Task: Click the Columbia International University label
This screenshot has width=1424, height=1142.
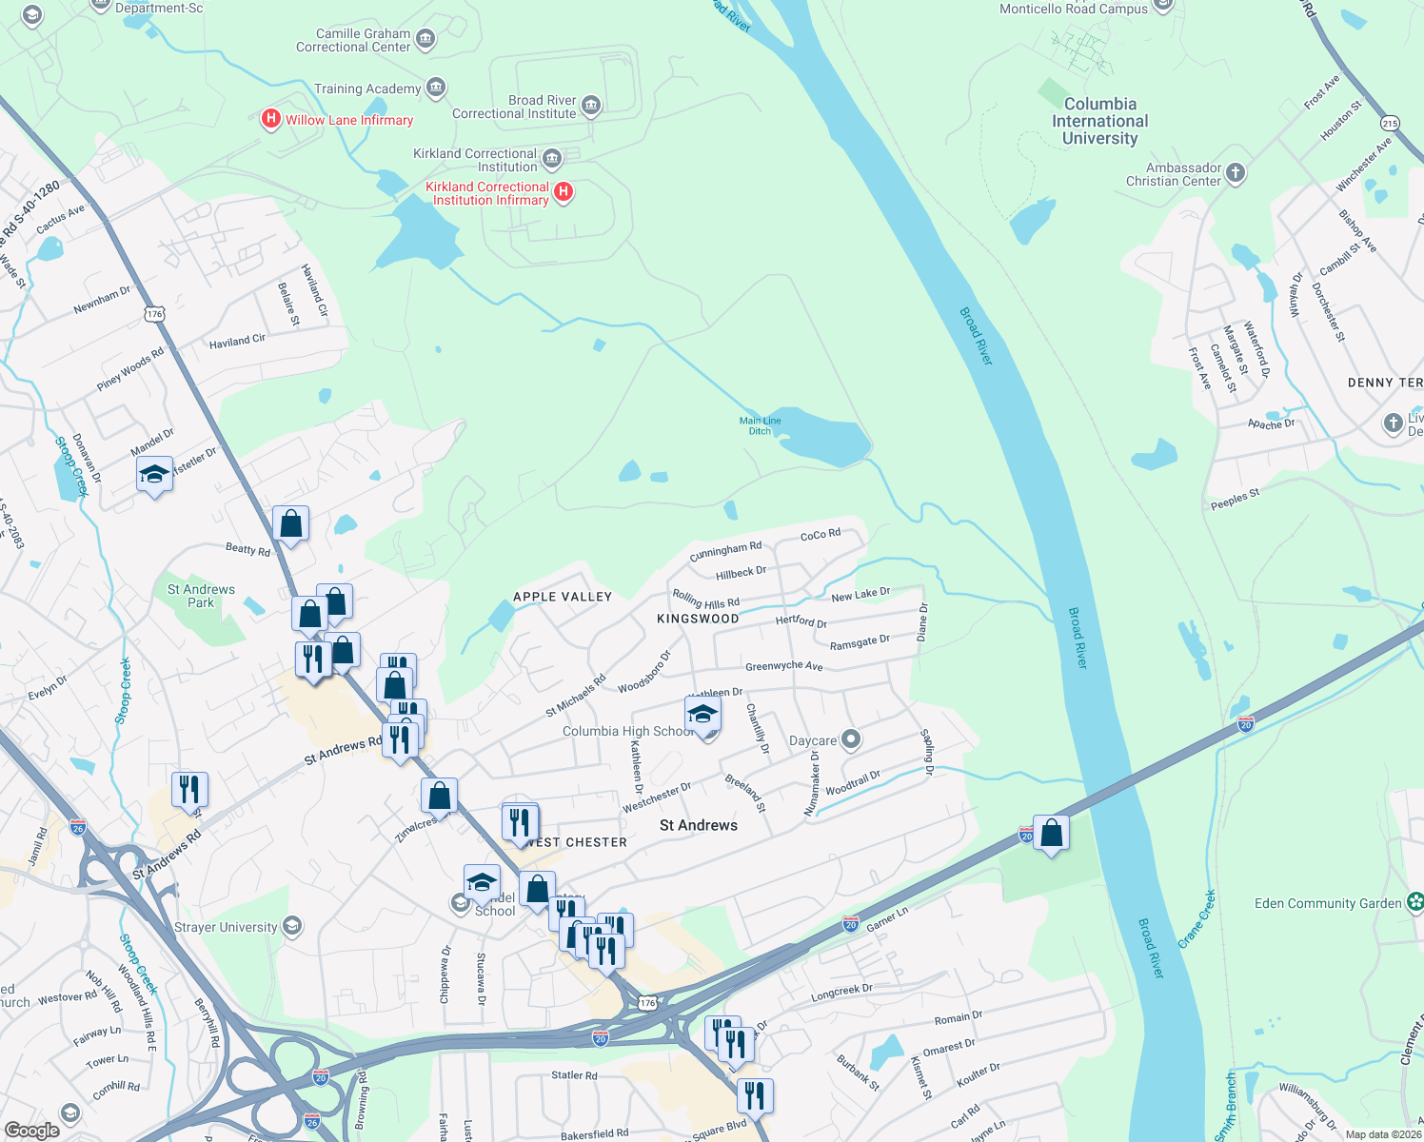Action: tap(1099, 121)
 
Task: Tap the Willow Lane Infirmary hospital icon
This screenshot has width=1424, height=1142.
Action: tap(270, 119)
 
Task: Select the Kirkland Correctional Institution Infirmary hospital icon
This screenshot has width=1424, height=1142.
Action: tap(564, 192)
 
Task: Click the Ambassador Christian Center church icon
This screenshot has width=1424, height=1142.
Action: tap(1236, 173)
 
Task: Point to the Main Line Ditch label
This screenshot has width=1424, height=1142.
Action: tap(760, 425)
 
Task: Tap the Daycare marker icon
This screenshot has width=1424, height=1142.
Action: tap(851, 739)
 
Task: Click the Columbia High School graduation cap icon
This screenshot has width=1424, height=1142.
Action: tap(702, 715)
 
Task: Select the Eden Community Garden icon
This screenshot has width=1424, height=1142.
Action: tap(1415, 902)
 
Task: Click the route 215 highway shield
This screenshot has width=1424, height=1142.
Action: tap(1390, 123)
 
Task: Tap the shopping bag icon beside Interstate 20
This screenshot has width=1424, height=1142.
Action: tap(1051, 834)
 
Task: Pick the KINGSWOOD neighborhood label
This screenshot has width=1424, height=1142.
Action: tap(698, 619)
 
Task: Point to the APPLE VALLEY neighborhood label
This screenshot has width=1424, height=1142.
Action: tap(563, 597)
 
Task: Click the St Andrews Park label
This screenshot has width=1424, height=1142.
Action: tap(201, 596)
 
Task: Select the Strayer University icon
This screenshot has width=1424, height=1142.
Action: tap(292, 926)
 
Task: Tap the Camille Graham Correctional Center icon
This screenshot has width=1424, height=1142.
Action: tap(425, 40)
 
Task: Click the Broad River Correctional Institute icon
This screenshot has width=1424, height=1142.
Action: tap(590, 106)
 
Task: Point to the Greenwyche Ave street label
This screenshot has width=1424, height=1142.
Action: tap(783, 666)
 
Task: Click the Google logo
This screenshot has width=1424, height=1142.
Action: tap(32, 1130)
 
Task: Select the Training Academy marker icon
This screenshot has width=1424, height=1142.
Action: tap(436, 89)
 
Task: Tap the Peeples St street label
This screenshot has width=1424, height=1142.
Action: tap(1235, 499)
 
